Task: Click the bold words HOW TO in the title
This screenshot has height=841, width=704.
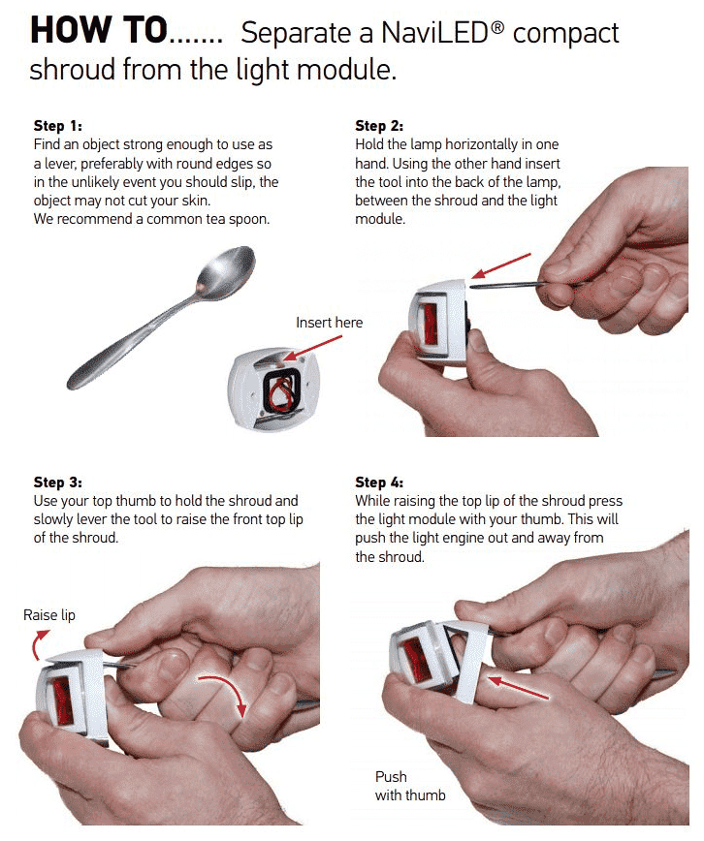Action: point(99,31)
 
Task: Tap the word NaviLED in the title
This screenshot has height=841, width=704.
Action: point(442,33)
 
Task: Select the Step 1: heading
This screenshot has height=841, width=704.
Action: point(58,126)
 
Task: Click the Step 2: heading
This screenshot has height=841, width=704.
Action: point(379,126)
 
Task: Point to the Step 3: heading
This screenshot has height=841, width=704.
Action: point(58,483)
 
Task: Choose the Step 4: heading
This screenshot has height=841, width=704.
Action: point(379,483)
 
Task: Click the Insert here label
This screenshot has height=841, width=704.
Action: point(329,323)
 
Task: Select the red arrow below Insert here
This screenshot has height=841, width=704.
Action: point(312,348)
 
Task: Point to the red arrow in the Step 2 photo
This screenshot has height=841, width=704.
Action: point(501,265)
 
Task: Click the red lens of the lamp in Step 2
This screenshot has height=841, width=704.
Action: point(431,325)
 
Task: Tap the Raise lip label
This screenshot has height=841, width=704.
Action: point(49,614)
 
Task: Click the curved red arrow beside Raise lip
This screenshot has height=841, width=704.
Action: point(38,643)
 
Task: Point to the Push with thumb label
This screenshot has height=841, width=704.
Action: point(410,786)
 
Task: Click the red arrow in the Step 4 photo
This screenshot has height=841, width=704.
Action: point(518,688)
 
